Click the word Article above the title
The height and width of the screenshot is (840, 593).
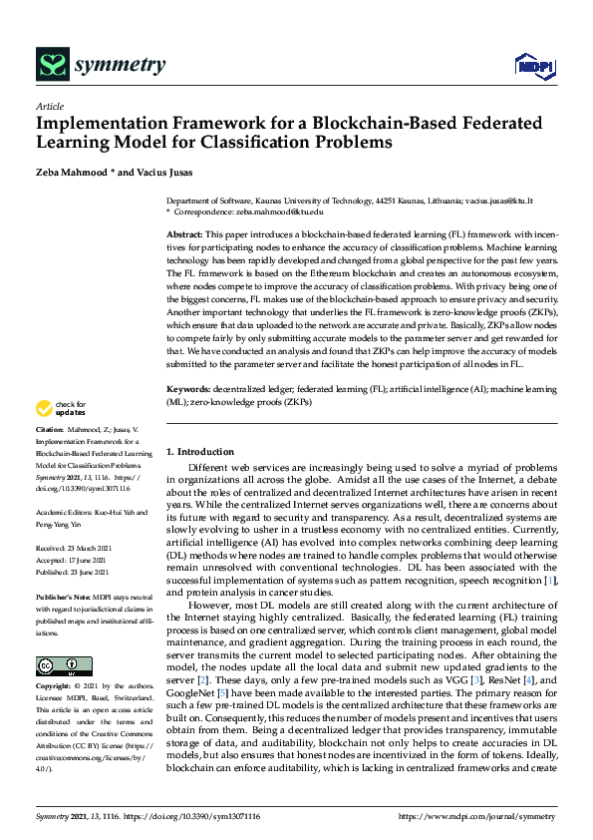49,106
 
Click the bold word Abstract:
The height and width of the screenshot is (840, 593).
185,232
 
